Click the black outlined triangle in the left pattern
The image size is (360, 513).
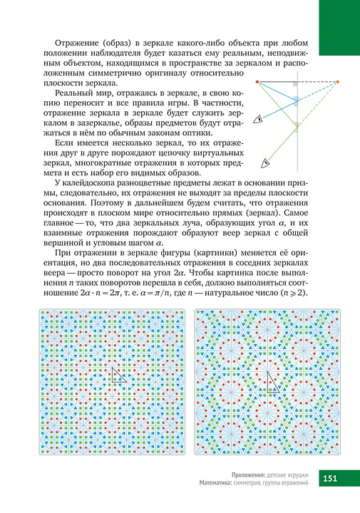[x=119, y=375]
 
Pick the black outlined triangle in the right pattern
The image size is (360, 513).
[x=272, y=383]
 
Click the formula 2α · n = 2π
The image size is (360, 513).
[x=88, y=287]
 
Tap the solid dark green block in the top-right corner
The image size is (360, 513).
[x=339, y=26]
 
